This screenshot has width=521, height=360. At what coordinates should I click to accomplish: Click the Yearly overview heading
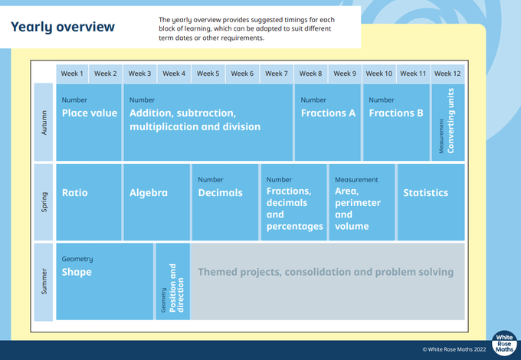click(x=63, y=28)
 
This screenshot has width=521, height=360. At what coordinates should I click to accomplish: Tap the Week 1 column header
click(x=72, y=74)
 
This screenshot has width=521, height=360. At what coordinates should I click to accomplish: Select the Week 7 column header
click(x=277, y=74)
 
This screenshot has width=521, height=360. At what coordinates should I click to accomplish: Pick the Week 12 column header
click(x=447, y=74)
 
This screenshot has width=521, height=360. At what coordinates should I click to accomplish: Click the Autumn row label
click(x=44, y=123)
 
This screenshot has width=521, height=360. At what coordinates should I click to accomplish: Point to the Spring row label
click(x=44, y=202)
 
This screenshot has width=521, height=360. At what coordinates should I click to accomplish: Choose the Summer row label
click(x=44, y=282)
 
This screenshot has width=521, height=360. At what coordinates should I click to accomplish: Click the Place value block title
click(x=90, y=113)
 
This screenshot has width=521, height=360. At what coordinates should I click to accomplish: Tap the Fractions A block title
click(x=328, y=113)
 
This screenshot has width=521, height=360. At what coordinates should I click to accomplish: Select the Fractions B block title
click(x=396, y=113)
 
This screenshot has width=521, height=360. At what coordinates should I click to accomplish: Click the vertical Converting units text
click(x=451, y=121)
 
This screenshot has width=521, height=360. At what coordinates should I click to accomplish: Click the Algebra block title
click(x=149, y=193)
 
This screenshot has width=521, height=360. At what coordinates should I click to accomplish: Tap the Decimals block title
click(x=221, y=192)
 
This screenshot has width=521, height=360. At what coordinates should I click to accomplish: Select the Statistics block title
click(x=426, y=192)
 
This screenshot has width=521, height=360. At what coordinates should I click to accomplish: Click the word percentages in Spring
click(x=295, y=227)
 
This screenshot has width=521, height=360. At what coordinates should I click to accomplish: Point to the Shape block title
click(x=77, y=273)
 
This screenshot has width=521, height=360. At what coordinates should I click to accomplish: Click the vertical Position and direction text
click(x=176, y=288)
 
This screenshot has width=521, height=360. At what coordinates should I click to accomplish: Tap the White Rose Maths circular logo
click(x=504, y=343)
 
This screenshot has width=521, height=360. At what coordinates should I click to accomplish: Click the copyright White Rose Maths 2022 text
click(x=454, y=349)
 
